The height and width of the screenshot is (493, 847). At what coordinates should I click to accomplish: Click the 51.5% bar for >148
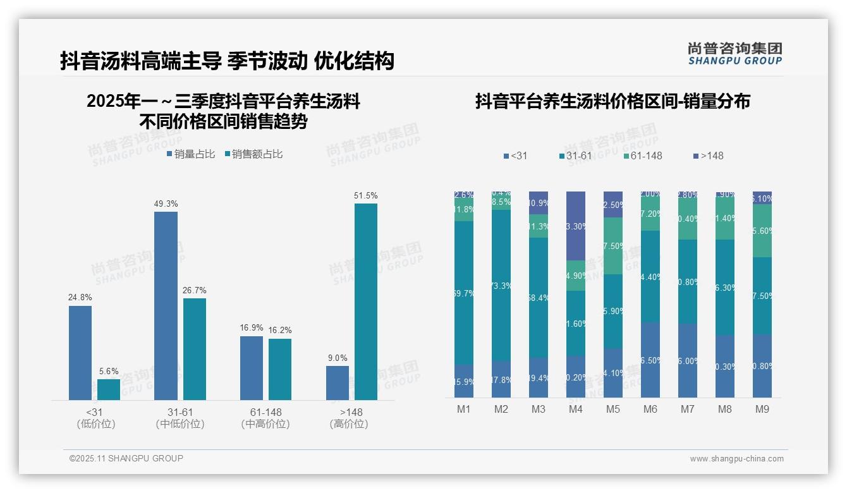366,301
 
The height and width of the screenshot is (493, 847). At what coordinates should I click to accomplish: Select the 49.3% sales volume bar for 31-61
166,305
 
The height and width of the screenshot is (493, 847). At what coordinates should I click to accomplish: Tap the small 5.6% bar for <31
109,389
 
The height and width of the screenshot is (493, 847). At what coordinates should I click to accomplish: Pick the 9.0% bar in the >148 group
338,382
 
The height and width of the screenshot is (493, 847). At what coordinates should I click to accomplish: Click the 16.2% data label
279,331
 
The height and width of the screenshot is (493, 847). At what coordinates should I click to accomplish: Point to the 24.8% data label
80,297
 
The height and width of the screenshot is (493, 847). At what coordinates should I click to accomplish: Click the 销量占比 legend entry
191,154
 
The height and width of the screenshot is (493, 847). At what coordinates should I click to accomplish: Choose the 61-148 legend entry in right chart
642,155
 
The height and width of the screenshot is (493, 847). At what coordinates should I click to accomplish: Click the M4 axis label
575,409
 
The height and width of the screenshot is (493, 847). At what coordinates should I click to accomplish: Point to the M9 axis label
762,409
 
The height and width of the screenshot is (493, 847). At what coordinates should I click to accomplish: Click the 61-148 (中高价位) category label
265,418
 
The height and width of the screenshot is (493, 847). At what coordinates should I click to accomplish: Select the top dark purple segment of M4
576,226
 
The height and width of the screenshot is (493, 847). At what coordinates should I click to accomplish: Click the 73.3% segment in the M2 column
501,285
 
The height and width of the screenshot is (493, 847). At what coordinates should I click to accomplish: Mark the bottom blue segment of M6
650,360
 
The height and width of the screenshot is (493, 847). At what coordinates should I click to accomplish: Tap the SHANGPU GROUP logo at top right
734,54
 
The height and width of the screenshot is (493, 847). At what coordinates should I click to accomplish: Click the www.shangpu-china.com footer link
736,459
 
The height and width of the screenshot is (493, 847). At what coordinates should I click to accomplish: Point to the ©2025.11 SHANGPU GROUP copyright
126,458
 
